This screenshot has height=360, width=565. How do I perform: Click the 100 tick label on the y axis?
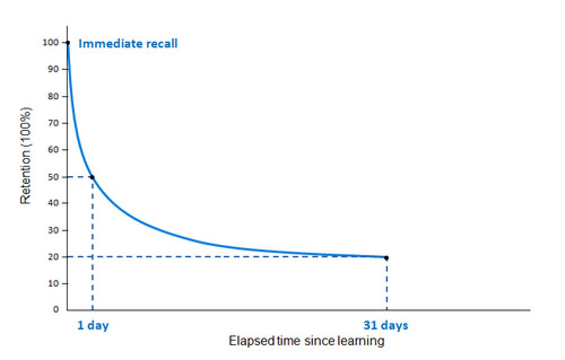point(50,42)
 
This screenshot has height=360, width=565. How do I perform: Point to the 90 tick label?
point(53,69)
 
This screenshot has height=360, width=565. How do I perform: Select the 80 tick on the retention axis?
point(53,96)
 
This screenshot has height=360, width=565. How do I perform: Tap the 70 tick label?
point(53,123)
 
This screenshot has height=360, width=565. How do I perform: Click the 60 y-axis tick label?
point(53,150)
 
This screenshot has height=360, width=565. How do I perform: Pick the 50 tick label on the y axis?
point(53,177)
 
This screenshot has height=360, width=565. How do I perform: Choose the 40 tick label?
point(53,203)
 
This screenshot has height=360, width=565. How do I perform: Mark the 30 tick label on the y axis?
point(53,230)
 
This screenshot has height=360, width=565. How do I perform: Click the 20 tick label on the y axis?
point(53,257)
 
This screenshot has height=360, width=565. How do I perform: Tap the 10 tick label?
point(53,284)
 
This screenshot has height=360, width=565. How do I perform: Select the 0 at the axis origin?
point(56,309)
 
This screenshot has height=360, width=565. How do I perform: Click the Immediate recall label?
point(128,44)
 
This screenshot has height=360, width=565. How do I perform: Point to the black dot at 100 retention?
point(68,43)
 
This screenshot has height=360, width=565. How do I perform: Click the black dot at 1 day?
point(92,177)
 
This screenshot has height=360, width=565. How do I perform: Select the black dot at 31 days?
point(386,258)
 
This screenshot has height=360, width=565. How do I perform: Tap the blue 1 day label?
point(93,325)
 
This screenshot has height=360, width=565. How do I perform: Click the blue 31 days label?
point(386,325)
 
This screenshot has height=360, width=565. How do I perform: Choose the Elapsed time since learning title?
point(306,341)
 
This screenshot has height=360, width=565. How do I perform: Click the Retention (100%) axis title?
point(26,156)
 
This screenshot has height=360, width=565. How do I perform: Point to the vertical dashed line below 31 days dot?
point(386,284)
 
